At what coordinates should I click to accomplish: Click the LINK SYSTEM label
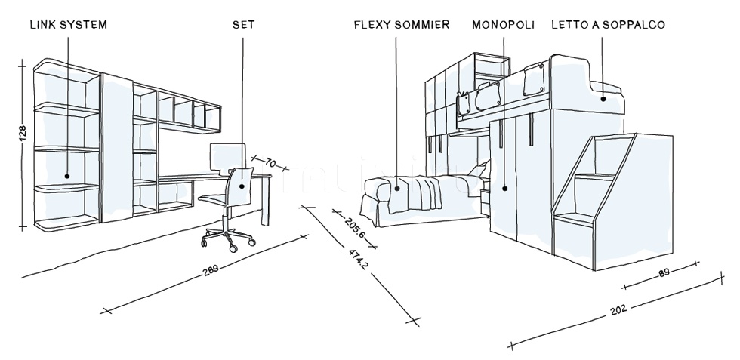(68, 25)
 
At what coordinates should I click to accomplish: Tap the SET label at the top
(243, 25)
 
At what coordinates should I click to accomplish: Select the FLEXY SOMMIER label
(401, 25)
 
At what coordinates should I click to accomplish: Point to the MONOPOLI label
(503, 25)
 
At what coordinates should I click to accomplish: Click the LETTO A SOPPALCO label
(608, 25)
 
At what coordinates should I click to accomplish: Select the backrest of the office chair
(242, 181)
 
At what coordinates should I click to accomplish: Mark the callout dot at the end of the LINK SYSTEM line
(67, 176)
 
